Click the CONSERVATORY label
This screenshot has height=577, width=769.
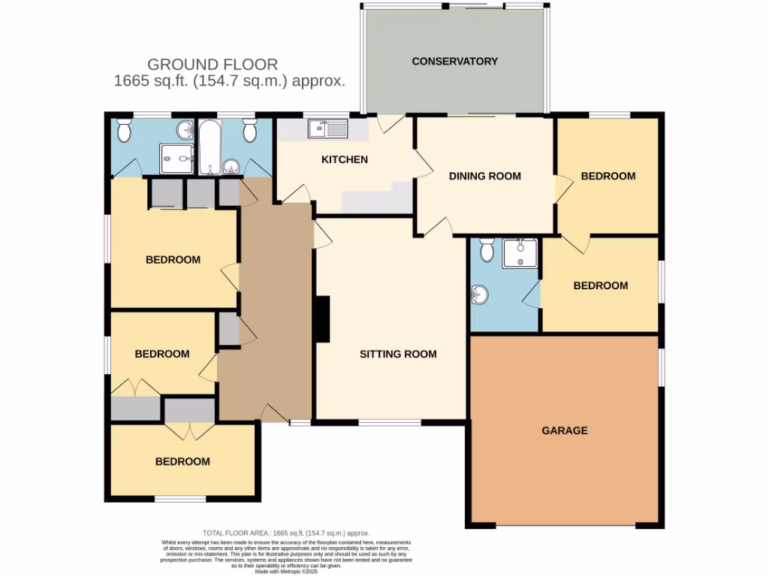coord(454,61)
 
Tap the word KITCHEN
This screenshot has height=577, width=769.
coord(345,159)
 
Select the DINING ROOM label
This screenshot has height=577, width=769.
coord(484,176)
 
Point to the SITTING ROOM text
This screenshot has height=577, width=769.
coord(397,354)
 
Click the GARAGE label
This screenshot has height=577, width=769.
coord(565,430)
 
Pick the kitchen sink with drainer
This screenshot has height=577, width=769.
coord(329,130)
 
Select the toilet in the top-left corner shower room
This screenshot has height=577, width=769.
coord(125,131)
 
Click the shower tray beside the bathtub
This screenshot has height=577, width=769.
coord(176,159)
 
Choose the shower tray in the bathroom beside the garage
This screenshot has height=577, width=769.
coord(520,253)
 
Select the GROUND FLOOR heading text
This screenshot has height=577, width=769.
coord(213,65)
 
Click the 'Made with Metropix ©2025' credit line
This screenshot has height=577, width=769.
coord(287,571)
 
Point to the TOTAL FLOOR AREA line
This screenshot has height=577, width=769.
coord(287,533)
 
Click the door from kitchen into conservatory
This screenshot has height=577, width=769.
coord(391,124)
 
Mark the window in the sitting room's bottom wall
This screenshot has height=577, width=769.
coord(389,422)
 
